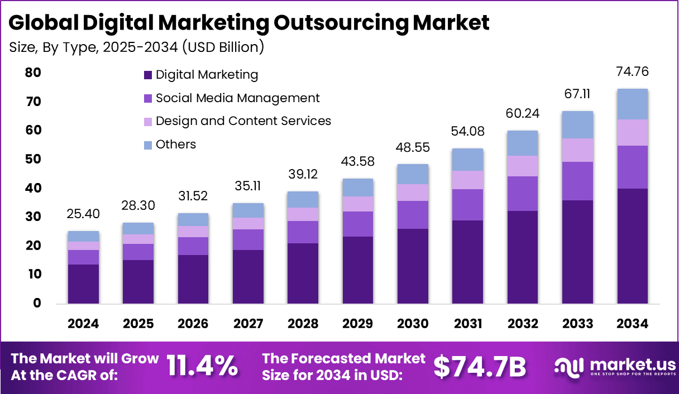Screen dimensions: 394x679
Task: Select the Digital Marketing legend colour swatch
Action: (x=148, y=75)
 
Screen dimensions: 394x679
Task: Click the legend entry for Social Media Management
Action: (x=237, y=98)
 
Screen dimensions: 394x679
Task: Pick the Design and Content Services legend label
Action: (x=243, y=121)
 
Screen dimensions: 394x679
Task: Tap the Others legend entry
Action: (x=176, y=145)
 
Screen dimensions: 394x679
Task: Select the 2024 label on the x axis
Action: (x=83, y=324)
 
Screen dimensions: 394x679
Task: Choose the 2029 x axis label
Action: (x=358, y=324)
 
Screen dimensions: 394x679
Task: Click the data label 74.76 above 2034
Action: (x=633, y=72)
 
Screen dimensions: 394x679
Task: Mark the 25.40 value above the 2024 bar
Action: (x=83, y=214)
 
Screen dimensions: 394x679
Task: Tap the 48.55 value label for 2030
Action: (x=413, y=147)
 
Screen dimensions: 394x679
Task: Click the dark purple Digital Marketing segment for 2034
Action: (x=633, y=246)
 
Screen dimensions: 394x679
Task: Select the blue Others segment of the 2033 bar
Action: (x=577, y=124)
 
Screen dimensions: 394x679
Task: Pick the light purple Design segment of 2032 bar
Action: (x=523, y=166)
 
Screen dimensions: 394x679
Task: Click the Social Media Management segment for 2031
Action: (x=468, y=204)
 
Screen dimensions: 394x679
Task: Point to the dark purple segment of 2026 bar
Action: (x=193, y=279)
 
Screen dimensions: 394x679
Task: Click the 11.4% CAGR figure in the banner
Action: (x=202, y=366)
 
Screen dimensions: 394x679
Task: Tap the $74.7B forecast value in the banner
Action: (x=480, y=366)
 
